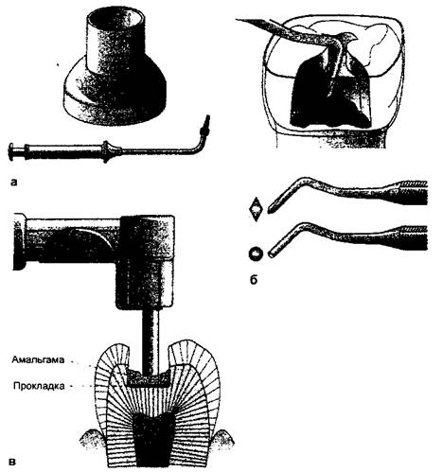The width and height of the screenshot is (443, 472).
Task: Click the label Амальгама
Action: [x=38, y=359]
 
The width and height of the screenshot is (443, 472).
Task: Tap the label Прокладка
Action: [x=39, y=386]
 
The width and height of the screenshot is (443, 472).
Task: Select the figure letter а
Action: [x=14, y=182]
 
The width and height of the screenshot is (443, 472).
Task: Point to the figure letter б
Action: [x=254, y=279]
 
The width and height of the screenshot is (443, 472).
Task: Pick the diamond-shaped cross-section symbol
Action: [x=256, y=209]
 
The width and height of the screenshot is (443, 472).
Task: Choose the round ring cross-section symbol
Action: [x=256, y=253]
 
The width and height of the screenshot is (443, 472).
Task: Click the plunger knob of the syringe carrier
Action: [x=11, y=152]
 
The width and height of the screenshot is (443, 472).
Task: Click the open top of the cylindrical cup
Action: [x=116, y=17]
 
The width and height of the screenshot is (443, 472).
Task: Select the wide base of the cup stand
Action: [x=115, y=102]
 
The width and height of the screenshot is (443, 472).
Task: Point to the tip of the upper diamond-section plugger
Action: [x=269, y=210]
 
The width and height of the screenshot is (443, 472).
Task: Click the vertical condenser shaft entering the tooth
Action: [x=151, y=342]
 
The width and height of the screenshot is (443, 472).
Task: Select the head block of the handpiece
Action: [x=145, y=262]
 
